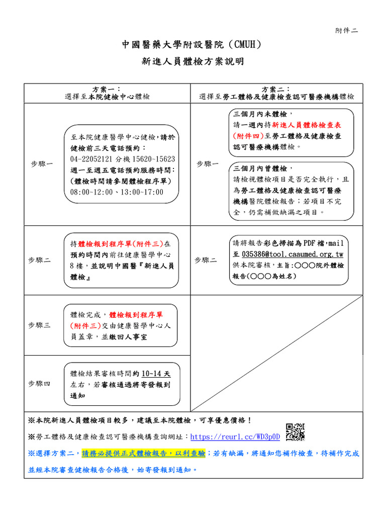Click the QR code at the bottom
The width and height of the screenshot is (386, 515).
click(295, 432)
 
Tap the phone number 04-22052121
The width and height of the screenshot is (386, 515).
click(92, 159)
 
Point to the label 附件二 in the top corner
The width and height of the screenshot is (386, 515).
click(347, 30)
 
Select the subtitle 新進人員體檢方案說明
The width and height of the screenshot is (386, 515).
click(192, 62)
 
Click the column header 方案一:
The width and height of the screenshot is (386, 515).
click(107, 89)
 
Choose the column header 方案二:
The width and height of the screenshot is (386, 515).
click(276, 89)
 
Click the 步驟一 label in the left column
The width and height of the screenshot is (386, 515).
click(42, 164)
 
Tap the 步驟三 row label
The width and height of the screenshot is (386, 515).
click(39, 325)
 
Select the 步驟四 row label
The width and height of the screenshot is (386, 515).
click(39, 383)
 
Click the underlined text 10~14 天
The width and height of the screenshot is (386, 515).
click(156, 374)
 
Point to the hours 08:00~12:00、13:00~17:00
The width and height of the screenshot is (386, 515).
click(117, 192)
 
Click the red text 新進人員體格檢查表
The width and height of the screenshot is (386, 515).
click(308, 125)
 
